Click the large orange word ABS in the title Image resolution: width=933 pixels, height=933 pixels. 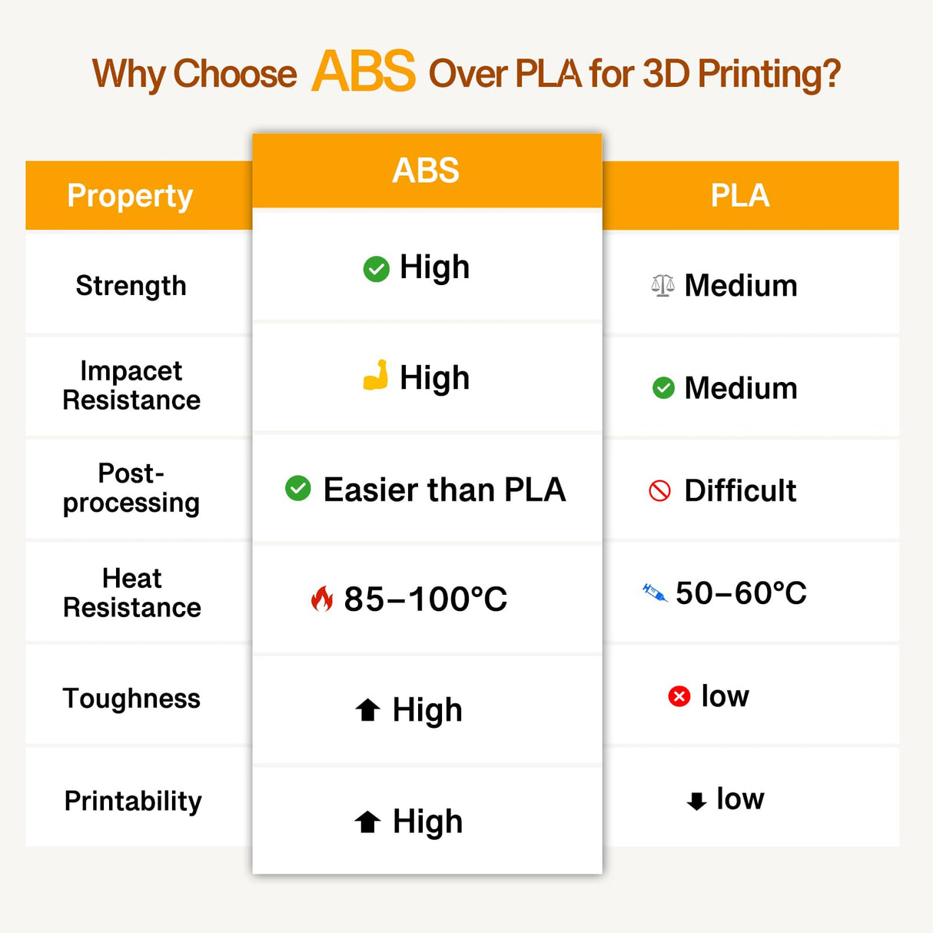364,71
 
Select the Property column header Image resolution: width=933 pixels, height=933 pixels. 130,195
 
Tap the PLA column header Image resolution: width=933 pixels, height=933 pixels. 739,195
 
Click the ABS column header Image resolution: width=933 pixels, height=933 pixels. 426,170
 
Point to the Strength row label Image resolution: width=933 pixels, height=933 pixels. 131,285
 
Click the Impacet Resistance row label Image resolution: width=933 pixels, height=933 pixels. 131,385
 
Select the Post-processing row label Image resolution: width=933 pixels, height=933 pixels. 131,488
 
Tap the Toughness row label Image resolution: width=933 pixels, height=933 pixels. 131,698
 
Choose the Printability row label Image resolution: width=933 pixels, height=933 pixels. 133,801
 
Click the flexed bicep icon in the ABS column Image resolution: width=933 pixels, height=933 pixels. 376,376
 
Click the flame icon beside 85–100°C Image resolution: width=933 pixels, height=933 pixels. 322,598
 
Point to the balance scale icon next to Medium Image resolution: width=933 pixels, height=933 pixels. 662,285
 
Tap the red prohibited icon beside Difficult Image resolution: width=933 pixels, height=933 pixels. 660,490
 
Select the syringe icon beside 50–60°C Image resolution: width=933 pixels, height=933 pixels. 655,593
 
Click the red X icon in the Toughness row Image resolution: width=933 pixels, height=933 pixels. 679,696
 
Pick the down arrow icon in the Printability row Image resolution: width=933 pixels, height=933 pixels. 696,801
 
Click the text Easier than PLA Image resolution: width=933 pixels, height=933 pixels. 444,490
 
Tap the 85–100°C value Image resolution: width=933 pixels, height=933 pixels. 425,599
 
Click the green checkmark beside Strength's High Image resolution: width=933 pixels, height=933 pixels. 376,269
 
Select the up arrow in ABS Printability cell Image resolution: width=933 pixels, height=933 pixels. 368,822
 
